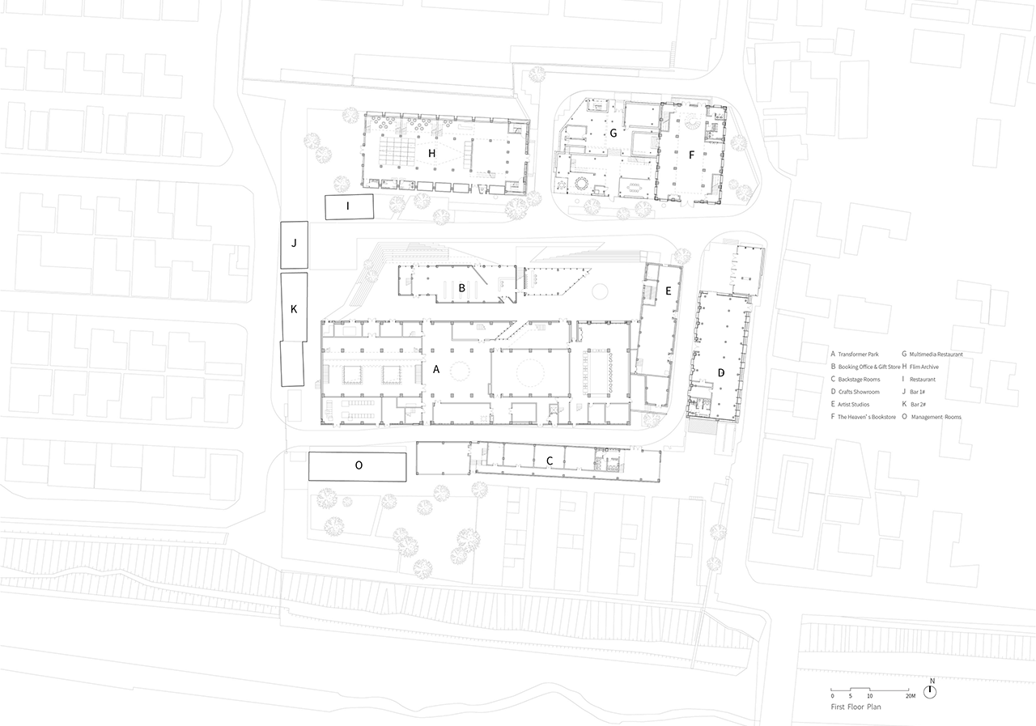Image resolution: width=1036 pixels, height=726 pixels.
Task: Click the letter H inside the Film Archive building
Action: coord(431,153)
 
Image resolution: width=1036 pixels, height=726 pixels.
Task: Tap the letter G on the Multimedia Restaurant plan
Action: coord(614,134)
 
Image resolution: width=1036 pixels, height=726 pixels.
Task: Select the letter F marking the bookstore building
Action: coord(691,155)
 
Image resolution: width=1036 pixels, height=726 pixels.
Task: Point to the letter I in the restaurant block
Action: coord(348,206)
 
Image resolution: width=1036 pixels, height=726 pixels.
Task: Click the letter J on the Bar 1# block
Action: coord(294,244)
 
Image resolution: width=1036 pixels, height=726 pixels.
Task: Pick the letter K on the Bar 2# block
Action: coord(294,309)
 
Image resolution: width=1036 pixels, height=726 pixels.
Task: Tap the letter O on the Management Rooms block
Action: coord(359,465)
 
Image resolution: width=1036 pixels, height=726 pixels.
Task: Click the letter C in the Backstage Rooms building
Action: coord(550,461)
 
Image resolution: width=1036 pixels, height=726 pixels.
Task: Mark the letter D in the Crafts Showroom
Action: coord(720,373)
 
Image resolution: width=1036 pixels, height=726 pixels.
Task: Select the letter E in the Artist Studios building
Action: coord(668,291)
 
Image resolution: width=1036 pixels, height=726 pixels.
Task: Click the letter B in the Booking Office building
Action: coord(461,287)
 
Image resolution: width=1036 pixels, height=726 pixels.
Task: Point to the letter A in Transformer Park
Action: coord(435,369)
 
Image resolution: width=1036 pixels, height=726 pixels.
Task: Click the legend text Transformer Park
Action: coord(858,355)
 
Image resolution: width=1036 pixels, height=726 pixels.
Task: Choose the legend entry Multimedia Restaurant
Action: coord(936,355)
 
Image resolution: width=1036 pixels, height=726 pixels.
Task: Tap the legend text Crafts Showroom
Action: coord(859,392)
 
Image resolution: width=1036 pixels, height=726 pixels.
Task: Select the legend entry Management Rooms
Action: coord(936,417)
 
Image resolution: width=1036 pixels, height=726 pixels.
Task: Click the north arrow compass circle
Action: coord(930,692)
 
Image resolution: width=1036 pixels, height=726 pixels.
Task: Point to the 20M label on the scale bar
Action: coord(911,696)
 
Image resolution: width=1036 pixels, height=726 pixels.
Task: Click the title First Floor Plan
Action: coord(856,707)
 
